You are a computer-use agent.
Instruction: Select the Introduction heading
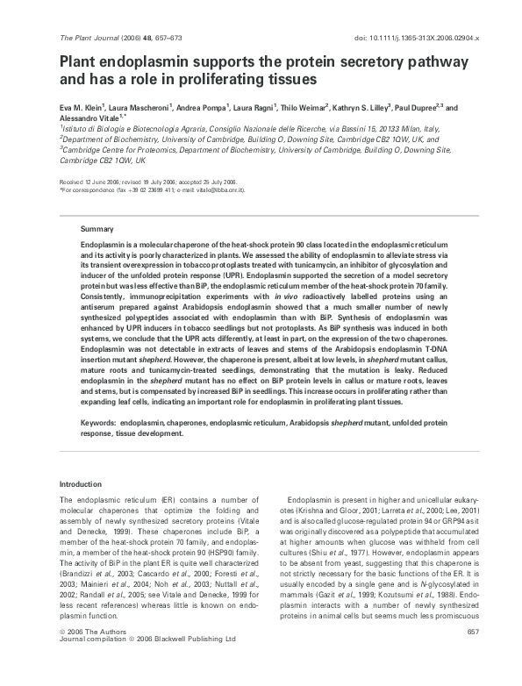(80, 484)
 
